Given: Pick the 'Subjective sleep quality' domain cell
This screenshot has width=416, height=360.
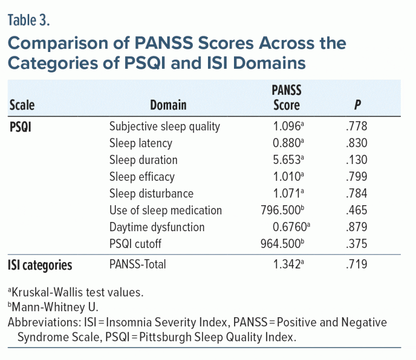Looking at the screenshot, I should [165, 127].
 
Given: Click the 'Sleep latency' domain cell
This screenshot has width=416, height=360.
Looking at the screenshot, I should [140, 143].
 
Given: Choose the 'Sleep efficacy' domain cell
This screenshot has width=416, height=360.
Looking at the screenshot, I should [142, 177].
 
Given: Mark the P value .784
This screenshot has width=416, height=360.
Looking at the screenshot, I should [356, 194].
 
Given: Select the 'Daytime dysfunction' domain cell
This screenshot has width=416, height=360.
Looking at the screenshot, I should [157, 227].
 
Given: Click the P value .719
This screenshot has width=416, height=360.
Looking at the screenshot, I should [356, 265].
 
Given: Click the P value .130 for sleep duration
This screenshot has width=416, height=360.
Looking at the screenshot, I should [356, 160].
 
